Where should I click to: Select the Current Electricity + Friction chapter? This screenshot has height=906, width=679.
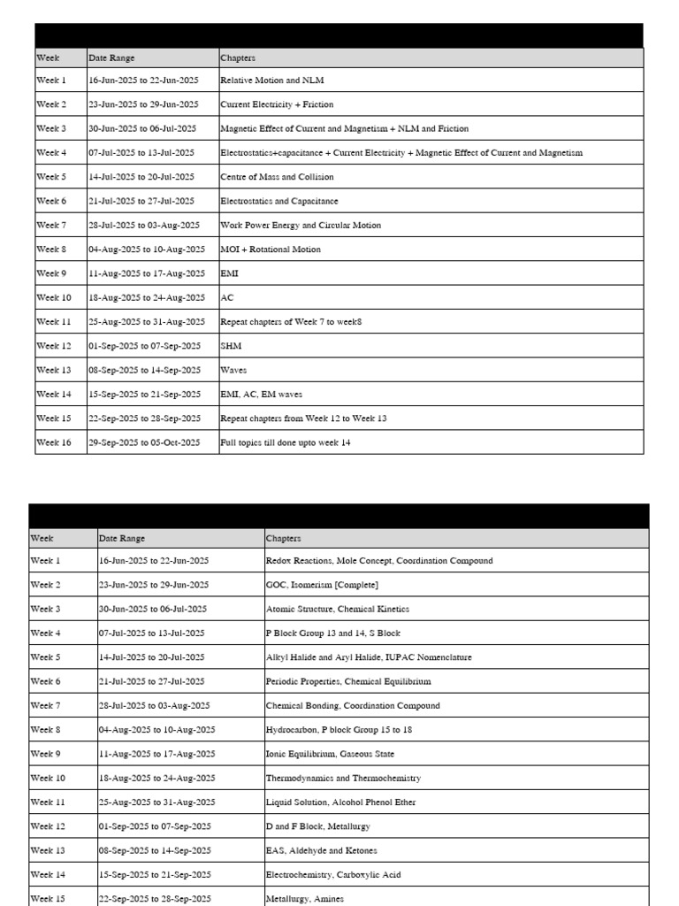pos(264,104)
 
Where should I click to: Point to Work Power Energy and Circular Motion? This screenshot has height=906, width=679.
pos(301,226)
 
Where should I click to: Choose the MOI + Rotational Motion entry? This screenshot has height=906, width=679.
pos(271,250)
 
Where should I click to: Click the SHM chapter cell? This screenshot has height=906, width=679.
pos(231,346)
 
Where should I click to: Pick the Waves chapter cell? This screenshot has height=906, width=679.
pos(233,371)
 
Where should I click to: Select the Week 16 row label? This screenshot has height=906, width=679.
pos(53,442)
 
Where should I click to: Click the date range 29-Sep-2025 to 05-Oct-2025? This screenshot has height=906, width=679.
pos(144,442)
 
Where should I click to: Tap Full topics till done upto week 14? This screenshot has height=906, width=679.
pos(285,442)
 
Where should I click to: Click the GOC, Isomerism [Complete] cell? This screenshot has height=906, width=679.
pos(322,585)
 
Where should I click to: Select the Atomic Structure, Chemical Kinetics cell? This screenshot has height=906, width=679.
pos(337,610)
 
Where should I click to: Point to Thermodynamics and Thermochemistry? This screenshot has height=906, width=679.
pos(343,779)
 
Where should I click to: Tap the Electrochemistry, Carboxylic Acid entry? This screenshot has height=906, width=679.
pos(333,875)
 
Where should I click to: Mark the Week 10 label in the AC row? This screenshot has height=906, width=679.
pos(53,298)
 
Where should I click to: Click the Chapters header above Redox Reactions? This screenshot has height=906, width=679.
pos(283,538)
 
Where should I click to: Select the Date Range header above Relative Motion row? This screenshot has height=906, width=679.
pos(111,58)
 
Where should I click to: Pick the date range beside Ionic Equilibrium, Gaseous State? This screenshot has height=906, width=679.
pos(156,754)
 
